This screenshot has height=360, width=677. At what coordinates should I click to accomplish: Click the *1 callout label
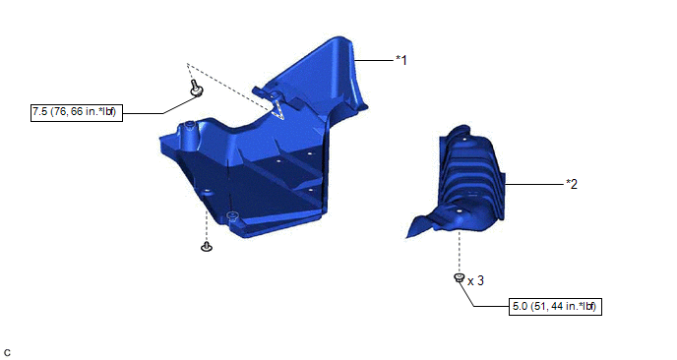(x=401, y=60)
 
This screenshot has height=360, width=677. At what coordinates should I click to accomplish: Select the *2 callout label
(x=572, y=184)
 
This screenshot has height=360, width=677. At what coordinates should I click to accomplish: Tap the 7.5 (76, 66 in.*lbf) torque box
(x=77, y=112)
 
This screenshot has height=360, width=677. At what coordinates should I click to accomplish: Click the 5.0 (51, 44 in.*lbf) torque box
(x=555, y=307)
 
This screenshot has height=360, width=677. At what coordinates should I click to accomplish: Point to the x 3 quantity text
(x=476, y=281)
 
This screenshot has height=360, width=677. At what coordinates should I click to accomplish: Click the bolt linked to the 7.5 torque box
(x=197, y=88)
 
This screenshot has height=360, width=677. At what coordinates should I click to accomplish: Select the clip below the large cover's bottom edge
(x=207, y=247)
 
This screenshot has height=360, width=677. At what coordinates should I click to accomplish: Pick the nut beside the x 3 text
(x=459, y=278)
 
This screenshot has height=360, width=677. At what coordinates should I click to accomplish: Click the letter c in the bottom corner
(x=7, y=353)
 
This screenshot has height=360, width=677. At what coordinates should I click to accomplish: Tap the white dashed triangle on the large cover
(x=277, y=109)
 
